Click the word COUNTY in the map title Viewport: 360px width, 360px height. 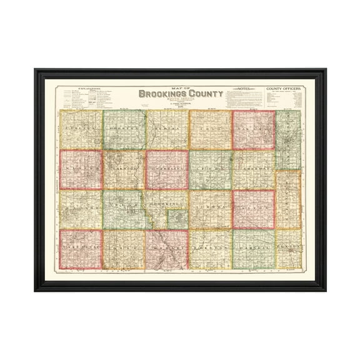[x=203, y=95]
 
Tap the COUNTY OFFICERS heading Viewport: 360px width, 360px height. [x=284, y=89]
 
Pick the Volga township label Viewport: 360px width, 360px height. [x=124, y=206]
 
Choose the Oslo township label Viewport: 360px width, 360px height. [x=124, y=247]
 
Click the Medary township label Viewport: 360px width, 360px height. [x=167, y=247]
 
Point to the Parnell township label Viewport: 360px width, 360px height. [x=253, y=247]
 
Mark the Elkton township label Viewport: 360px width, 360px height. [x=288, y=247]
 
